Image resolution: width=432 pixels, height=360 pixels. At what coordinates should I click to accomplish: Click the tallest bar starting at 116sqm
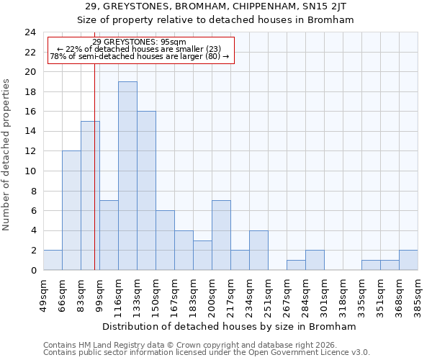pos(127,176)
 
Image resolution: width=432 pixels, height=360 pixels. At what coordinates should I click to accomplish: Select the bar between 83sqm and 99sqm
pos(90,195)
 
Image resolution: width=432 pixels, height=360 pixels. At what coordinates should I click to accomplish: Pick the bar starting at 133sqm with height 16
pos(146,191)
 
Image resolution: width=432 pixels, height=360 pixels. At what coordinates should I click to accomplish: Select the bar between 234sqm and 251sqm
pos(258,250)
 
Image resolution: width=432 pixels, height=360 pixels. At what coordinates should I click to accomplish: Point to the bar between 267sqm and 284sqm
pos(296,265)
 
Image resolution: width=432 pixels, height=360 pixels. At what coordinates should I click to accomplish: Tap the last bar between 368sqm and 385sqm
pos(408,260)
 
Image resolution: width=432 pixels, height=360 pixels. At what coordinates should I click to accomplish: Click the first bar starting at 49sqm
pos(53,260)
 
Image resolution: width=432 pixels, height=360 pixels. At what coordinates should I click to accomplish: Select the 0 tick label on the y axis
pos(33,270)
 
